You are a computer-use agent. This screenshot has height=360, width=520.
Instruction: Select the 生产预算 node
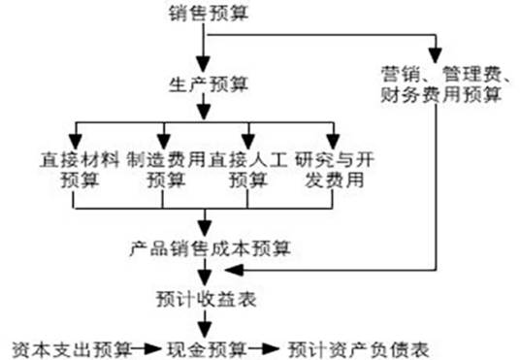tap(204, 82)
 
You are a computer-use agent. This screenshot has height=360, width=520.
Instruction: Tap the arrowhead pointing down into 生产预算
tap(204, 62)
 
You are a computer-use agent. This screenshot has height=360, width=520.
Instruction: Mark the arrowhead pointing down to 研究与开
tap(333, 138)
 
